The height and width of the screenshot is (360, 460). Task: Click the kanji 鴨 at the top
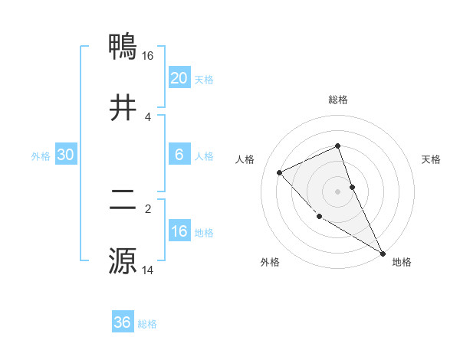123,47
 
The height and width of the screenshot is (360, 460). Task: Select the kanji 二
123,201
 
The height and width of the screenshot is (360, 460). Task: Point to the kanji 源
123,260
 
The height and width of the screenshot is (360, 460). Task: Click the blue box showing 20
179,78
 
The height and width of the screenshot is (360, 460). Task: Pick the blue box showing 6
179,155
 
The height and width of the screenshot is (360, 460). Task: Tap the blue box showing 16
179,231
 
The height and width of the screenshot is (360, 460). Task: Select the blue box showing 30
66,155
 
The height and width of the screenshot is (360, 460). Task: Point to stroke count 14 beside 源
148,270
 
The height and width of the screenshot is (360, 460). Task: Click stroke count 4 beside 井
148,116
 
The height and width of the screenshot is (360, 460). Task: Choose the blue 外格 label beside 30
41,155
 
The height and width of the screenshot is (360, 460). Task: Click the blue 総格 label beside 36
147,324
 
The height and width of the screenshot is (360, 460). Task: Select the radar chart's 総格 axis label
338,100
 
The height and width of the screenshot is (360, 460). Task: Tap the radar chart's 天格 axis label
432,159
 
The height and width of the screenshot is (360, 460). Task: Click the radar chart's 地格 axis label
402,262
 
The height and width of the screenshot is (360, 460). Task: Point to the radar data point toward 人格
280,172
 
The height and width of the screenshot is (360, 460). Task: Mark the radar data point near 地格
383,253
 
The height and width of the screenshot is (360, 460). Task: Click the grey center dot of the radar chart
338,191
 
